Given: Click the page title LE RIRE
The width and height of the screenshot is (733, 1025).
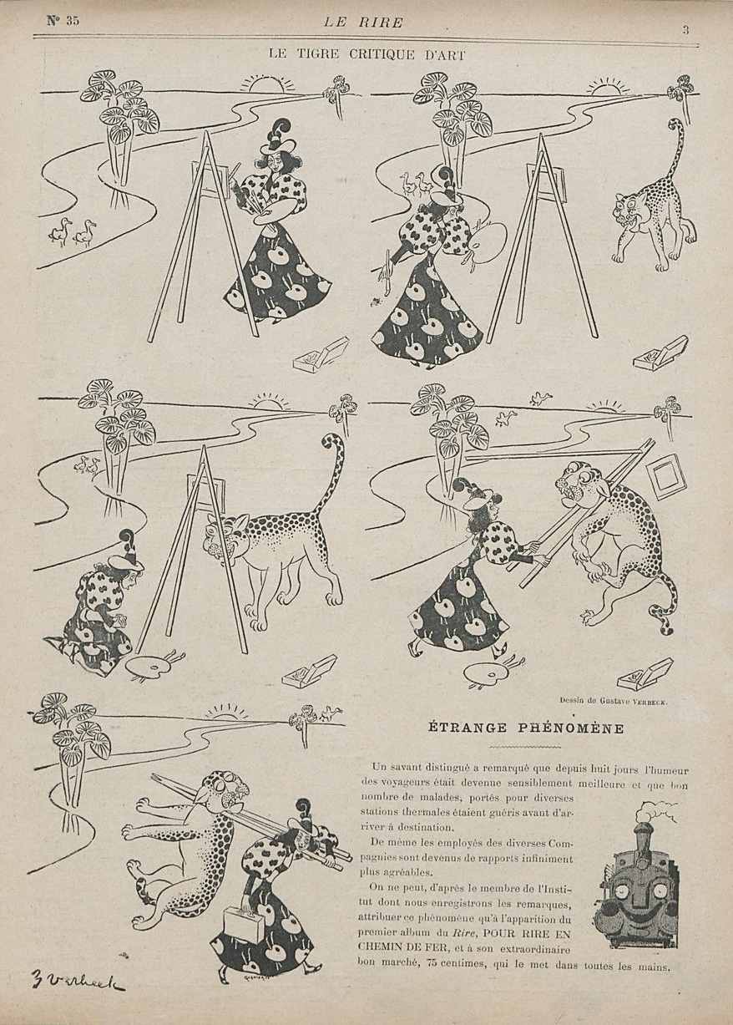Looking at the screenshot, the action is pyautogui.click(x=363, y=23).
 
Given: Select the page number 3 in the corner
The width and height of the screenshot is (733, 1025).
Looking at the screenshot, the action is pyautogui.click(x=685, y=31).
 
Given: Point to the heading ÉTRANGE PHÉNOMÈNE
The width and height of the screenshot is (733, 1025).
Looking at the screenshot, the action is pyautogui.click(x=526, y=728).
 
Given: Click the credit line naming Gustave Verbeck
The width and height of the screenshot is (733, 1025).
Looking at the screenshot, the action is pyautogui.click(x=612, y=700).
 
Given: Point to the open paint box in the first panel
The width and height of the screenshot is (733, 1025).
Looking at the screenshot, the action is pyautogui.click(x=321, y=353).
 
